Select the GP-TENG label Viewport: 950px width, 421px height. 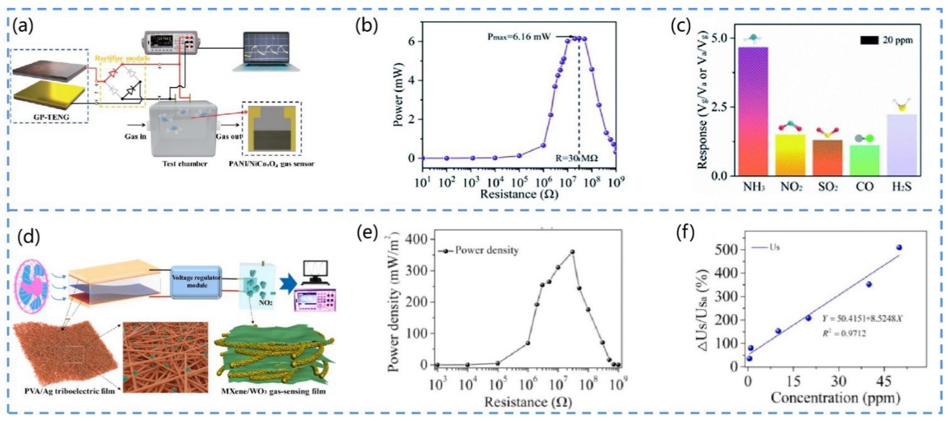click(x=50, y=117)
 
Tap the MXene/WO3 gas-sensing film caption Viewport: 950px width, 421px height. click(x=273, y=391)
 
